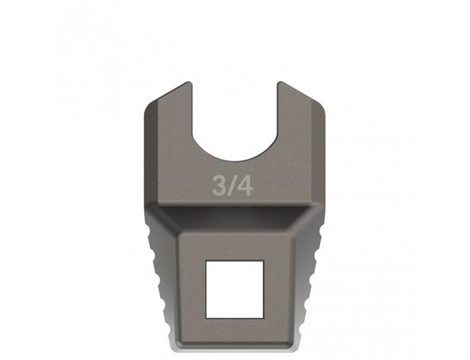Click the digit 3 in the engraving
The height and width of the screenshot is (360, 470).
(x=219, y=186)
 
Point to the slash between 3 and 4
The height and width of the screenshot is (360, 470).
(x=231, y=186)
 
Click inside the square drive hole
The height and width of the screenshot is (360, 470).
(x=234, y=289)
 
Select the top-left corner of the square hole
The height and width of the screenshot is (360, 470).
(x=206, y=261)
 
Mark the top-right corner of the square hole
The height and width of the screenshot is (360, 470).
(x=262, y=261)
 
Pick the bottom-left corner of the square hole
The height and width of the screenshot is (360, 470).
(x=206, y=317)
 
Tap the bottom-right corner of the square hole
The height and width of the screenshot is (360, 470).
(x=262, y=317)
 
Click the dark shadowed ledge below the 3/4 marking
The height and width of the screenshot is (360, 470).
(x=234, y=215)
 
